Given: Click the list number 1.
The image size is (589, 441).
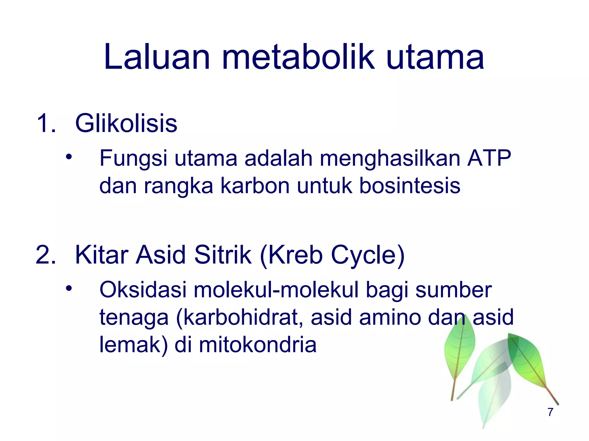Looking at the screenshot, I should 46,123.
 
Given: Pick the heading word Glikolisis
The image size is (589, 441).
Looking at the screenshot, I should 126,123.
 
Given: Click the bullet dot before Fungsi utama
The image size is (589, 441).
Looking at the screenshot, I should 68,157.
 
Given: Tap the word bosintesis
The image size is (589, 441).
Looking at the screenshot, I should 410,186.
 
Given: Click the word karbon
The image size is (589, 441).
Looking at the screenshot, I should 255,186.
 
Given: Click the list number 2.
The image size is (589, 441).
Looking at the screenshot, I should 46,255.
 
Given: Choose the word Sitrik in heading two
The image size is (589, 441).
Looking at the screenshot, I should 223,255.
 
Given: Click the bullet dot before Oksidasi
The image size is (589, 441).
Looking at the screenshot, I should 68,289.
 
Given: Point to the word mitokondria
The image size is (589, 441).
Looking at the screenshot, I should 258,345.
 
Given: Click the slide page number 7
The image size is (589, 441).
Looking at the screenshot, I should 550,412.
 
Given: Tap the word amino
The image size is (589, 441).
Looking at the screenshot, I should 390,317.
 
